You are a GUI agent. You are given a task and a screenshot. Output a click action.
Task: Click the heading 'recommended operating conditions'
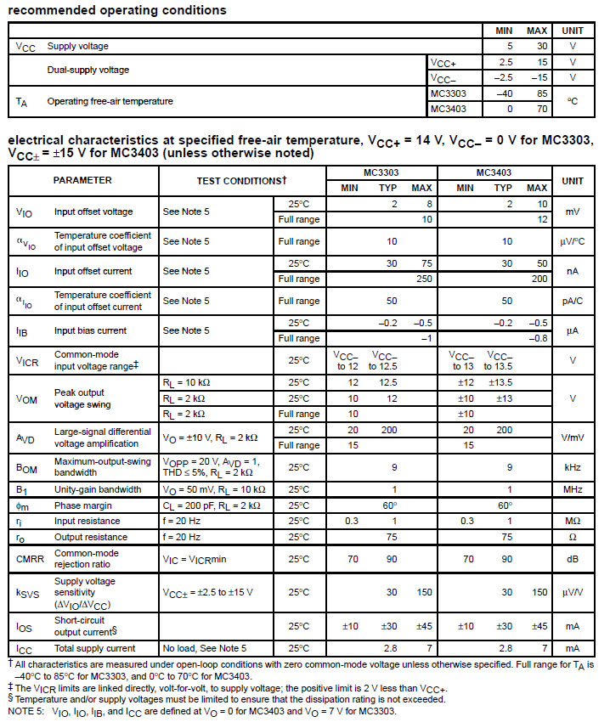point(117,10)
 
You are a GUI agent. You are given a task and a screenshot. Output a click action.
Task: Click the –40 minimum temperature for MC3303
point(504,93)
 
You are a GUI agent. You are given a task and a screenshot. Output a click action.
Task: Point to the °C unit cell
point(572,101)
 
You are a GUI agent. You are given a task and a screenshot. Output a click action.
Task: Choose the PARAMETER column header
point(82,180)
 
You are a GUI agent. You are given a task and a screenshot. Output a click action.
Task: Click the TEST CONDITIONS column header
point(241,180)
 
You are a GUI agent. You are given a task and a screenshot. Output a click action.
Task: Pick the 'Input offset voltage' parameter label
point(93,212)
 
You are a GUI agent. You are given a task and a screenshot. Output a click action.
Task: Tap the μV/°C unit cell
point(572,241)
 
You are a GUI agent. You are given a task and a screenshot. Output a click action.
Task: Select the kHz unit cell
point(572,466)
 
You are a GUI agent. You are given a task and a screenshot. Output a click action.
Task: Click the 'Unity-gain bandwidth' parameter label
point(98,489)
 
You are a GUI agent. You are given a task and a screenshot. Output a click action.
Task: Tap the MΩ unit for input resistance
point(572,521)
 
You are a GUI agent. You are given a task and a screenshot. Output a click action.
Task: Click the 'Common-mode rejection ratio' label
point(87,558)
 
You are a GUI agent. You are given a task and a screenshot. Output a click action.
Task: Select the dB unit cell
point(572,558)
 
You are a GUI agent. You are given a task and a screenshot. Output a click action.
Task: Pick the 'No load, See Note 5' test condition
point(205,648)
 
